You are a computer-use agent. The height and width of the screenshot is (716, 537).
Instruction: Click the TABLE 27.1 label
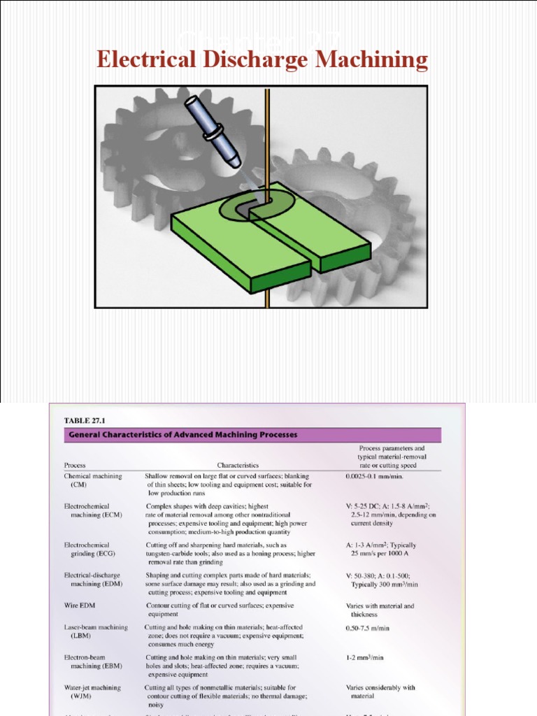point(83,420)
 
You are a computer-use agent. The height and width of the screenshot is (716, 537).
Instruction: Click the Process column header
point(76,464)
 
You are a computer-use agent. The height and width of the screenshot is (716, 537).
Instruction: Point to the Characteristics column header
point(238,464)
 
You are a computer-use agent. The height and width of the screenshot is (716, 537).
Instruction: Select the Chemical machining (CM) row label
point(92,480)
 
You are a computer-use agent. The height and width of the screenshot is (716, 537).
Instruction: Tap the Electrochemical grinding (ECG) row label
point(89,550)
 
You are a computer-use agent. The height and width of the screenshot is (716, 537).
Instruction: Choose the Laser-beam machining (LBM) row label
point(95,632)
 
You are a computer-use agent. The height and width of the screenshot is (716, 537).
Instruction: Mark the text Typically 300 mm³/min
point(385,584)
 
